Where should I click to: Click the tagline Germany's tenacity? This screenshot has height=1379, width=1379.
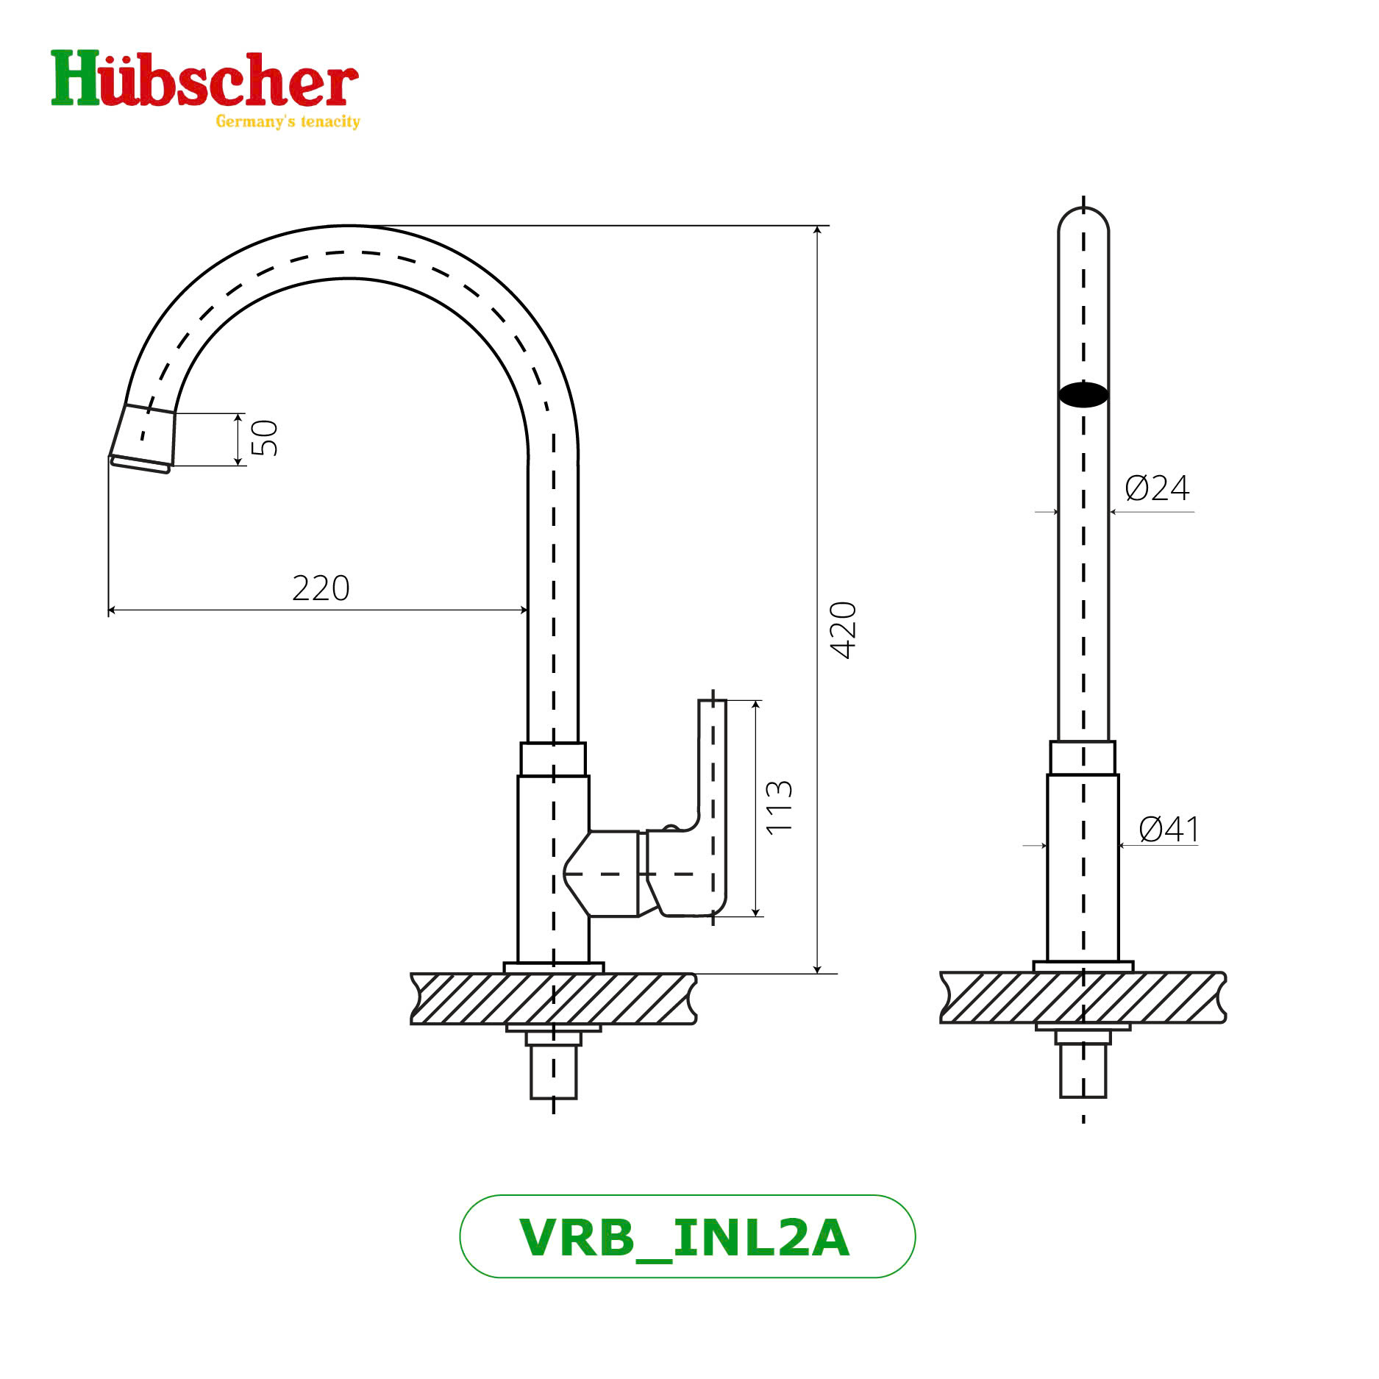click(288, 121)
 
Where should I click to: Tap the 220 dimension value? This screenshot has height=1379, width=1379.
click(321, 588)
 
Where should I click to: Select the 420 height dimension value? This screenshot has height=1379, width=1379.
click(843, 630)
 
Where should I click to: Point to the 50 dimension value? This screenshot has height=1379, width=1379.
click(264, 438)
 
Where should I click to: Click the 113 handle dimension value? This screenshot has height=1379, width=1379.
click(779, 807)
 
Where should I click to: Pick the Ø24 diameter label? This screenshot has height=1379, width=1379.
click(1157, 488)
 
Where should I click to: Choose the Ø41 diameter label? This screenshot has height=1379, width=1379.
click(1169, 829)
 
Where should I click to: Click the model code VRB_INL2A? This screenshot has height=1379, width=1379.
click(685, 1238)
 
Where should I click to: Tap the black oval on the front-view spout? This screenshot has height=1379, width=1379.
click(1083, 395)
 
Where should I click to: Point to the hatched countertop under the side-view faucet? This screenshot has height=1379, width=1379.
click(553, 998)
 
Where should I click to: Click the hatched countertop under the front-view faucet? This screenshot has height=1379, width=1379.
click(1083, 997)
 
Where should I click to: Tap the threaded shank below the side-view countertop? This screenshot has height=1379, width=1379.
click(554, 1071)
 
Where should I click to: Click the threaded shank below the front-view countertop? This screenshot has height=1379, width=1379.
click(1083, 1070)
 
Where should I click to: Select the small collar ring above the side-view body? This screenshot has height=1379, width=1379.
click(553, 759)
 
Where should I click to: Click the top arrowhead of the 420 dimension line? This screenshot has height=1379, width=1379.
click(817, 230)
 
